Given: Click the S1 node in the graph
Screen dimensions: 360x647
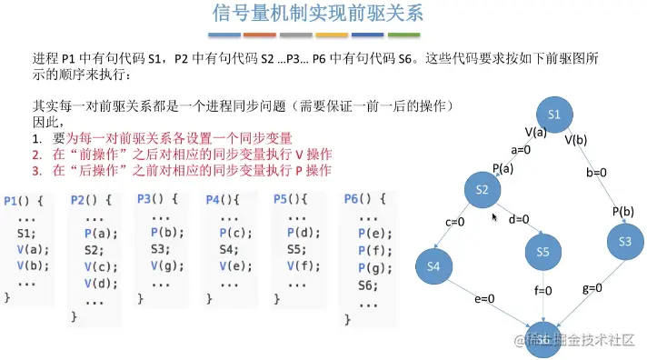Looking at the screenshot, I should (x=560, y=115).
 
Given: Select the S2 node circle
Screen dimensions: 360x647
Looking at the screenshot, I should (x=483, y=189).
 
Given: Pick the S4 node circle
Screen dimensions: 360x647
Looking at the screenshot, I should (x=433, y=265).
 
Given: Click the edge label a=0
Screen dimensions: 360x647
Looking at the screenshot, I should (x=522, y=150).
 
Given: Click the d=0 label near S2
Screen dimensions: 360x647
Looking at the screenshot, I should (x=519, y=219).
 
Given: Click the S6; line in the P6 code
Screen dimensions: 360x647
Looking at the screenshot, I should (x=368, y=285).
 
